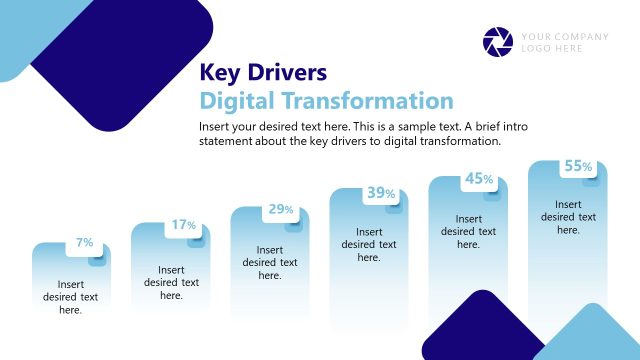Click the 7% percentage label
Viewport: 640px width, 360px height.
point(85,243)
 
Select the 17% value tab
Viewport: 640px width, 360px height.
point(183,225)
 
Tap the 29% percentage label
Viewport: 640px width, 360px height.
point(281,210)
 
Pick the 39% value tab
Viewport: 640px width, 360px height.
point(380,193)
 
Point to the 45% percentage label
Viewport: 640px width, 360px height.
point(479,179)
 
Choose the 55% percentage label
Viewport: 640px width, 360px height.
point(578,167)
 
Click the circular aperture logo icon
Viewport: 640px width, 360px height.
point(497,42)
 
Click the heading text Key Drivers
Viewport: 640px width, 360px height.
point(263,73)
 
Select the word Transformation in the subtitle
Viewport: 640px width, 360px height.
point(369,101)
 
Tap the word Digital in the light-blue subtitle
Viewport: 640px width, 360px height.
point(239,101)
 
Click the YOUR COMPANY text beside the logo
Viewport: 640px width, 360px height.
point(564,37)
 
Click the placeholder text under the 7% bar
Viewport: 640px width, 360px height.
point(70,297)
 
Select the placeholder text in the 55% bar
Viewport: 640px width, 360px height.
point(568,217)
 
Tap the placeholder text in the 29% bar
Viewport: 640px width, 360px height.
point(270,263)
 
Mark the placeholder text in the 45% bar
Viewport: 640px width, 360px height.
point(468,232)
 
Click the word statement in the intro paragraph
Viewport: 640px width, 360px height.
point(228,141)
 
